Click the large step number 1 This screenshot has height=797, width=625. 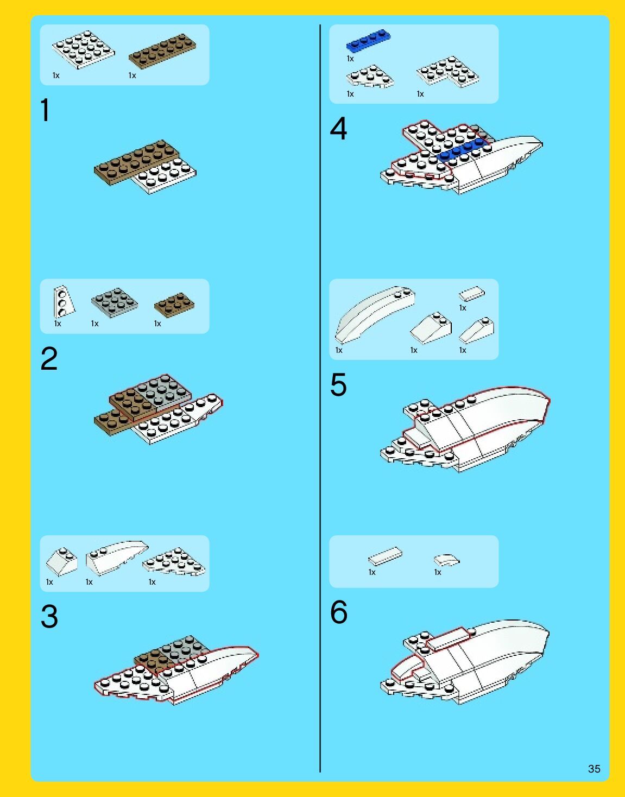click(x=45, y=110)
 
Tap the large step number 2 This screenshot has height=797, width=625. click(x=49, y=358)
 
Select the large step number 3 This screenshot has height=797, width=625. click(x=49, y=616)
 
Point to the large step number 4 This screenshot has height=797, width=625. click(x=338, y=129)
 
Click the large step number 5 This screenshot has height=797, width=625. click(x=338, y=384)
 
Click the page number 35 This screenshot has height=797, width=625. click(x=594, y=769)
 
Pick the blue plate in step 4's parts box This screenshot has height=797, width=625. click(x=368, y=40)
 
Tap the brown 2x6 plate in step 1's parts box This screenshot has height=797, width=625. click(x=162, y=51)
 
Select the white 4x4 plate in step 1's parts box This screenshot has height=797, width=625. click(x=83, y=50)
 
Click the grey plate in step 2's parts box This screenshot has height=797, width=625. click(x=115, y=302)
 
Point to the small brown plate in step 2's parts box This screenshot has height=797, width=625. click(x=174, y=305)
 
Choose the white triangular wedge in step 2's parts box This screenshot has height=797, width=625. click(x=64, y=302)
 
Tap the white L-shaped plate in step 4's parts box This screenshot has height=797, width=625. click(x=447, y=72)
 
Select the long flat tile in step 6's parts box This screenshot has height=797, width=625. click(x=385, y=556)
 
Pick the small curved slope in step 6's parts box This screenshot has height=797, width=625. click(x=446, y=560)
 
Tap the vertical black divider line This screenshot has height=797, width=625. click(x=320, y=399)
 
